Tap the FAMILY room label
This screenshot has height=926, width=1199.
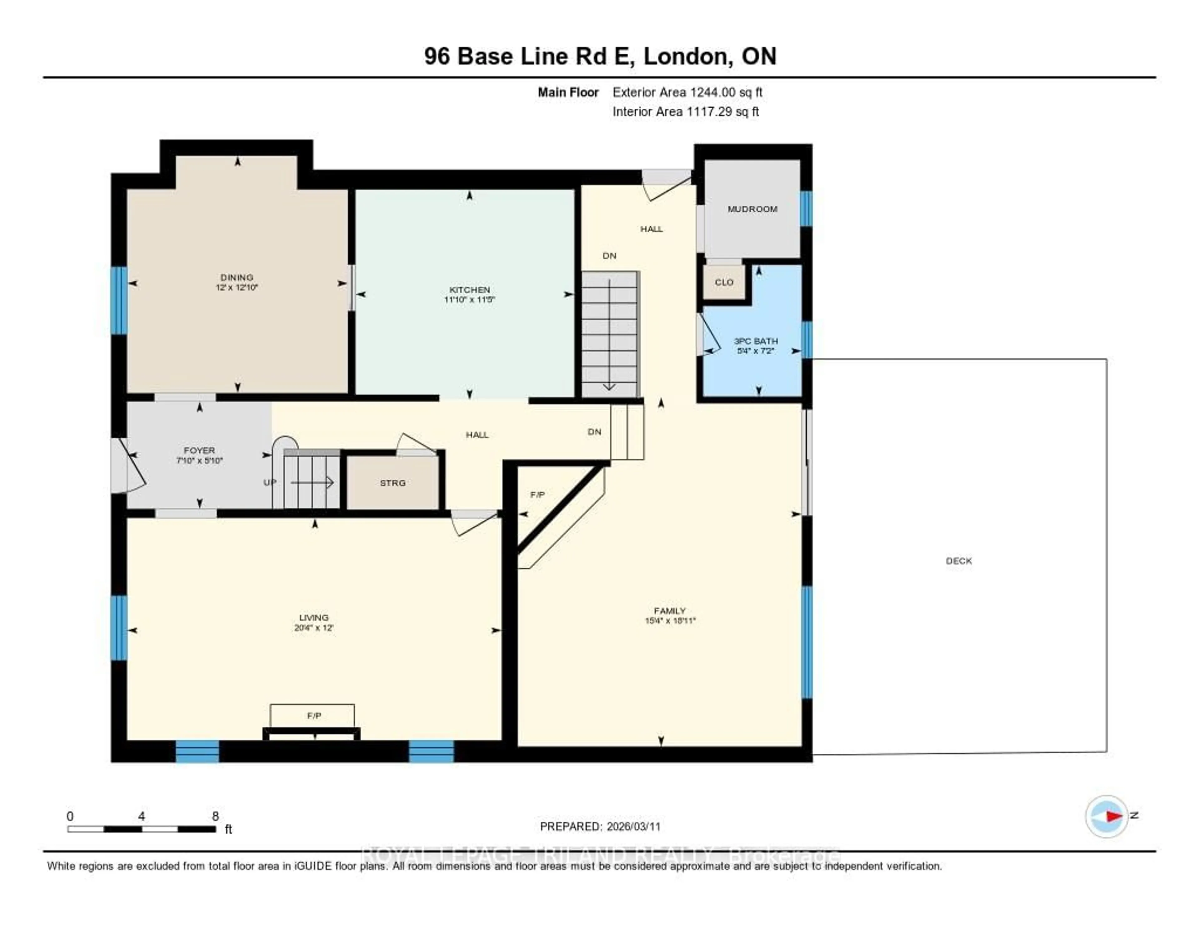(670, 610)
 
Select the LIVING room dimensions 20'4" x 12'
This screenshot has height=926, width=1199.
(313, 628)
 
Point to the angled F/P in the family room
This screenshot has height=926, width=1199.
(537, 495)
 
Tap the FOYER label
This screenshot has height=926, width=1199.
(199, 450)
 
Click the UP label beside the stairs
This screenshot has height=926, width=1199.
(269, 482)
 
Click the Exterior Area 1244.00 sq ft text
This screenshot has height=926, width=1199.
(687, 92)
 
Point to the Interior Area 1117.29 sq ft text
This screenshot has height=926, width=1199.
(686, 111)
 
